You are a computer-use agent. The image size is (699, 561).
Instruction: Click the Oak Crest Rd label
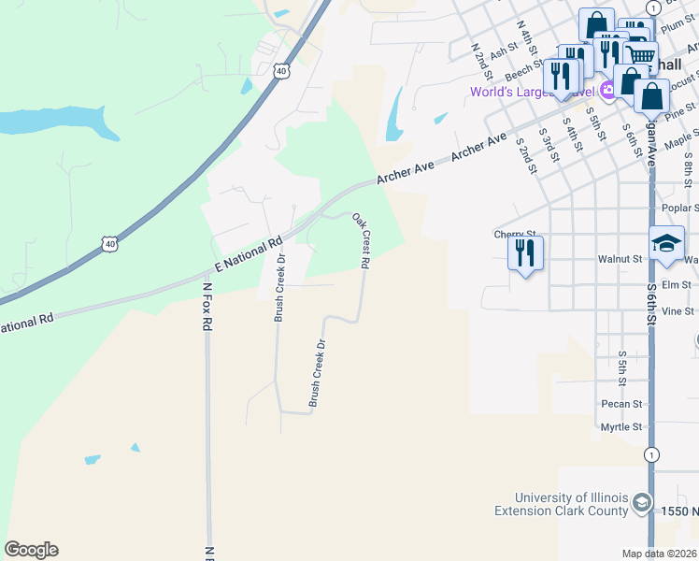pos(362,241)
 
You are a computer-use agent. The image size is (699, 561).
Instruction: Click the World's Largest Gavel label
pos(532,92)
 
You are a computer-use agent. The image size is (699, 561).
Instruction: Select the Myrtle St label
pos(622,427)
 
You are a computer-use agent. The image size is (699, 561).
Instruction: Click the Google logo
pos(31,550)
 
